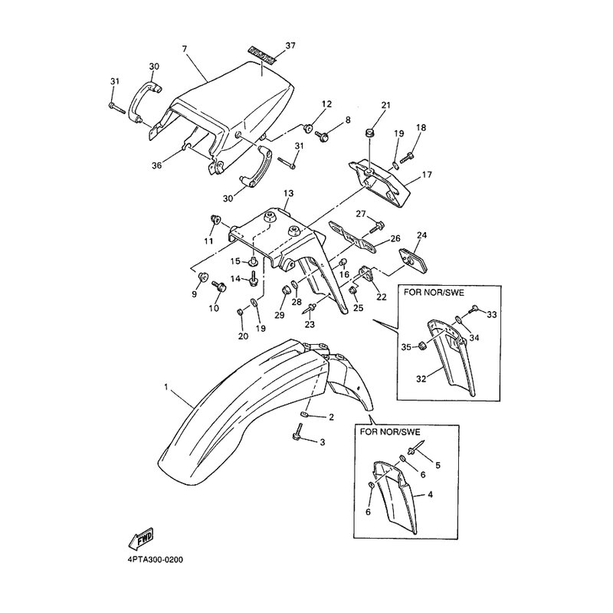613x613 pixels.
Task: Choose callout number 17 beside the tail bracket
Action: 428,175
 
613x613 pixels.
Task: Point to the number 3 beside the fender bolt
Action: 322,442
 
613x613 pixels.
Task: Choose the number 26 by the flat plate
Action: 395,238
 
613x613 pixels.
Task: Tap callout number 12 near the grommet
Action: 326,104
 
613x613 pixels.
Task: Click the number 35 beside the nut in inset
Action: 405,346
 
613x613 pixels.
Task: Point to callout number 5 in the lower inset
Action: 438,464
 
